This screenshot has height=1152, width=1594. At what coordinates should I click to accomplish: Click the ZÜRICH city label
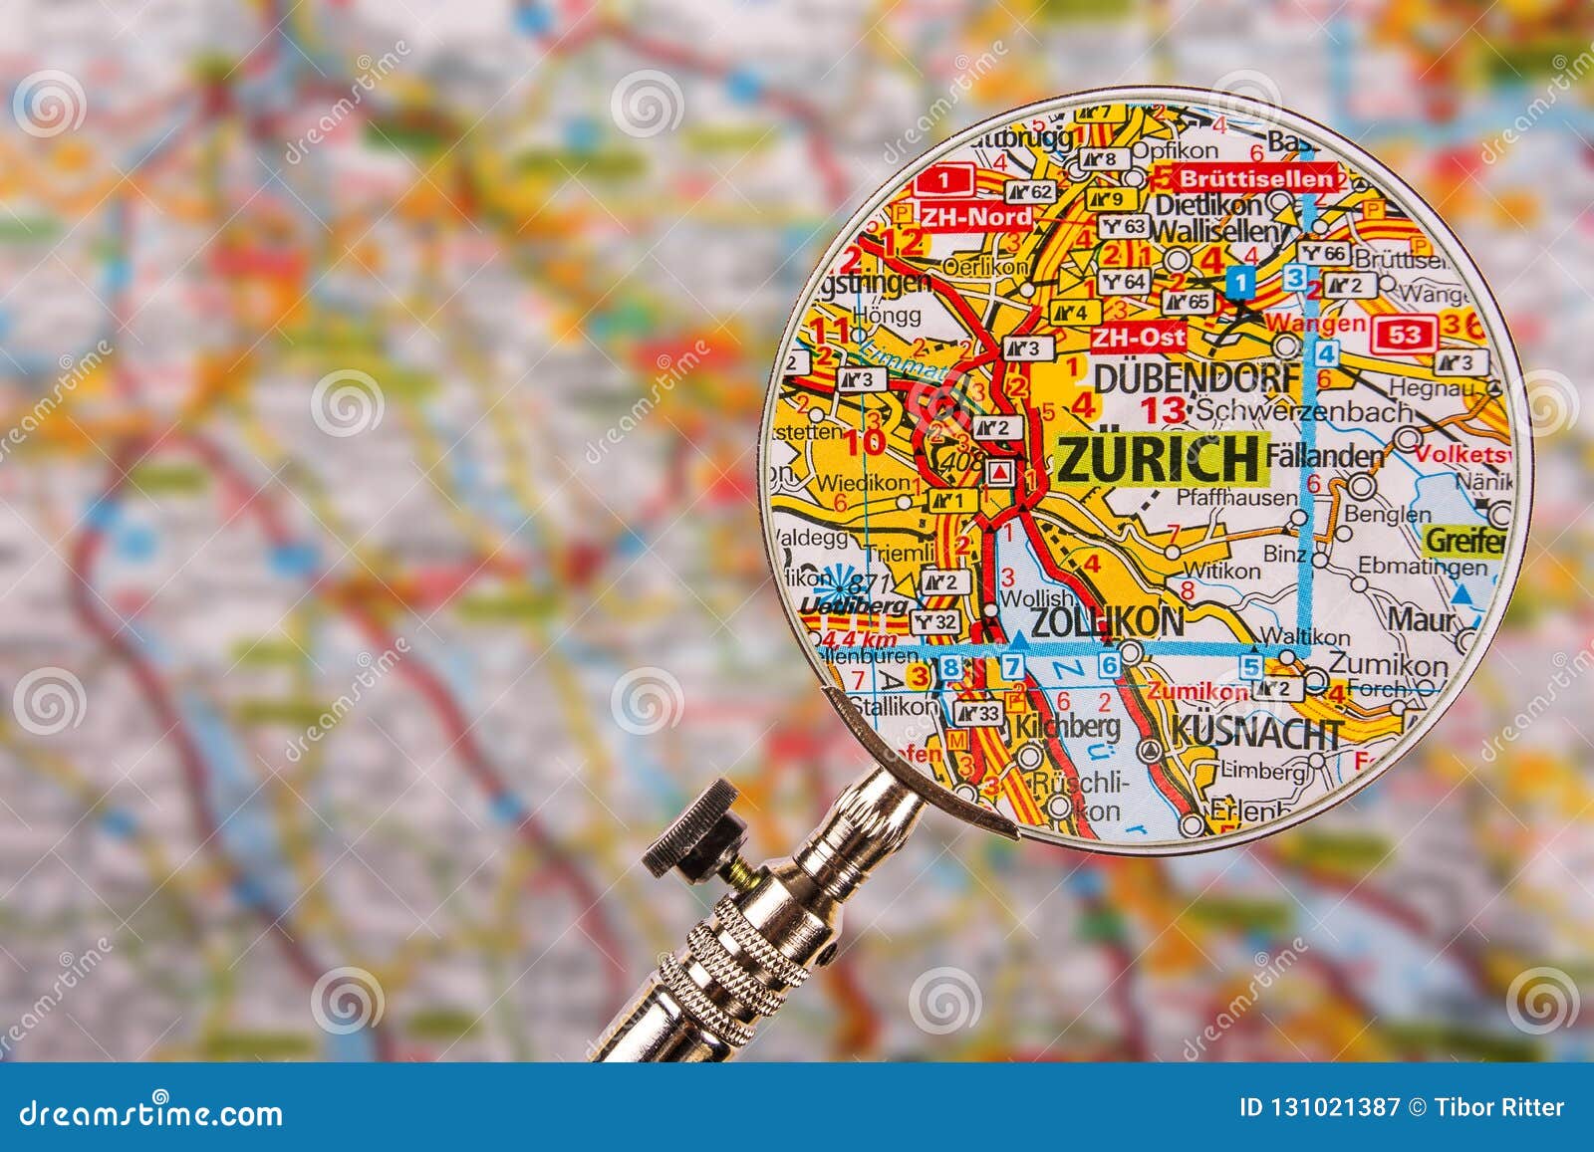point(1159,459)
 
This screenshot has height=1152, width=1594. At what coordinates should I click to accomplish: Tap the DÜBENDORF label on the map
point(1196,378)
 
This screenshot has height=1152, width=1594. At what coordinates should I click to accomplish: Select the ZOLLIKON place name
point(1107,621)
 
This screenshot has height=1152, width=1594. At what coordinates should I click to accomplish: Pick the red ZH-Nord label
point(977,216)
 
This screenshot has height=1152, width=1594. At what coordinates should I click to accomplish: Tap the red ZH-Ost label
point(1138,337)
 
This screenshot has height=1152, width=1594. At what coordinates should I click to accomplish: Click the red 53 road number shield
point(1405,334)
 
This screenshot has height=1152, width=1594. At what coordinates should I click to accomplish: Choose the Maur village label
point(1422,620)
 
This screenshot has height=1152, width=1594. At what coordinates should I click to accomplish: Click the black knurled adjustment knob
point(691,821)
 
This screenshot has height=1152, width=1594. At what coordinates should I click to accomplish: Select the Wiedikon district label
point(863,482)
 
